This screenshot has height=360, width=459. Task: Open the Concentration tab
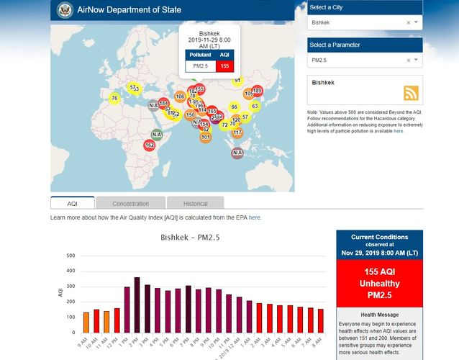pos(130,204)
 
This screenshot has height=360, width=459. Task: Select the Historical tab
pos(195,204)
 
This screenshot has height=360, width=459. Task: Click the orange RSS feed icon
pos(412,94)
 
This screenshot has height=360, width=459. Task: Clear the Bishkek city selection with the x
pos(408,23)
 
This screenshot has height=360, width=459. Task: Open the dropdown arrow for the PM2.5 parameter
pos(416,61)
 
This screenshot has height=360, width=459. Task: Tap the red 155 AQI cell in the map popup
pos(224,66)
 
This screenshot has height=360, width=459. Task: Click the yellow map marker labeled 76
pos(114,98)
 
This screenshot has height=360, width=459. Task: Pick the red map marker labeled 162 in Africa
pos(149,145)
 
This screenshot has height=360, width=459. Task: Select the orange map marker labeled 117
pos(237,132)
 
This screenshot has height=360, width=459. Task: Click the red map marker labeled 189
pos(257,91)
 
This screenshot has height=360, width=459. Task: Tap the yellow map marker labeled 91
pos(237,81)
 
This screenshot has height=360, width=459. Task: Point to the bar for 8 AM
pos(320,320)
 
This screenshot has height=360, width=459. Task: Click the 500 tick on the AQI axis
pos(71,256)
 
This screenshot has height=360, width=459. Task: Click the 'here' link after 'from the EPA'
pos(255,217)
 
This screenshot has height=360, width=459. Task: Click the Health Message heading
pos(379,314)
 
